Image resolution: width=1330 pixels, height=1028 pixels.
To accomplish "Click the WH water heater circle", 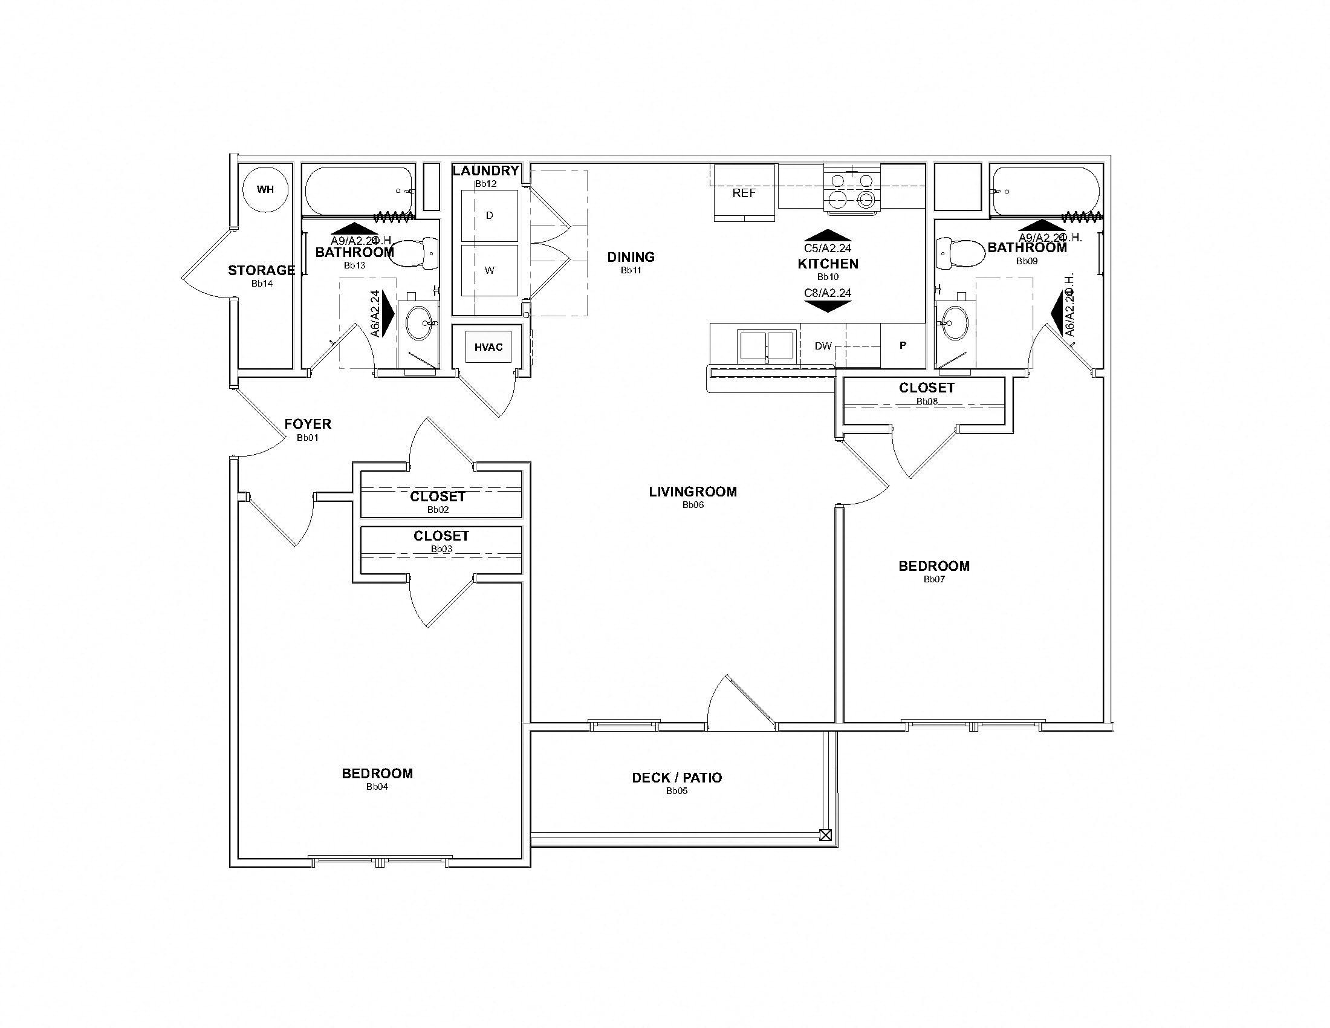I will click(x=265, y=189).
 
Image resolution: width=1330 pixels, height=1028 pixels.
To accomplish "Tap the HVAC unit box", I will click(x=488, y=347).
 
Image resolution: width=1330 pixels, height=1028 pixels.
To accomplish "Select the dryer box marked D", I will click(x=489, y=216).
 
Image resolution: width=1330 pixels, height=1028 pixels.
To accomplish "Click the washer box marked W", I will click(x=489, y=270).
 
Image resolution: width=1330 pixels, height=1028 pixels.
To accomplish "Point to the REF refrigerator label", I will click(x=744, y=193).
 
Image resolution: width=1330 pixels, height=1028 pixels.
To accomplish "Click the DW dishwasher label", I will click(x=823, y=346).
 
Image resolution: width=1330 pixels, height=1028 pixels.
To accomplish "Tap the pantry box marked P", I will click(x=903, y=345).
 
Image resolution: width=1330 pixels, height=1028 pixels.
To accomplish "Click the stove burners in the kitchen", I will click(x=851, y=189).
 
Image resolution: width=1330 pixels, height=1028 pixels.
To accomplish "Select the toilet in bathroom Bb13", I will click(x=414, y=254).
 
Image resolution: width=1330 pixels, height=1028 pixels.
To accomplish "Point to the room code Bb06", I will click(x=693, y=505).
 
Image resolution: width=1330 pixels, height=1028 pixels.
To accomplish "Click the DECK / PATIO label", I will click(x=676, y=778).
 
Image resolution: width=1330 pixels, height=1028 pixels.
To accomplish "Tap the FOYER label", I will click(x=308, y=424).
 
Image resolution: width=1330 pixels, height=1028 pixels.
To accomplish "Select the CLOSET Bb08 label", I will click(x=926, y=388).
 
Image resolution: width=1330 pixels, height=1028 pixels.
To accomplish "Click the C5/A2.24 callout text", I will click(x=828, y=248).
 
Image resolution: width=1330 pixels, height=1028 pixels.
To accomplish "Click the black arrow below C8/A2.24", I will click(x=828, y=307).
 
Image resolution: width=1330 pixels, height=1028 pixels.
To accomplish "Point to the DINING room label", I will click(x=631, y=257).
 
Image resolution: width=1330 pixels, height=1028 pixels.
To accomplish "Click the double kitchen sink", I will click(x=767, y=346).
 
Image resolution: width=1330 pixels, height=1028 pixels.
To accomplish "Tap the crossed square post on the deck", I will click(x=825, y=835).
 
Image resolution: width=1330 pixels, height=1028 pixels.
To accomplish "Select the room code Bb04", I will click(x=377, y=787).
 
